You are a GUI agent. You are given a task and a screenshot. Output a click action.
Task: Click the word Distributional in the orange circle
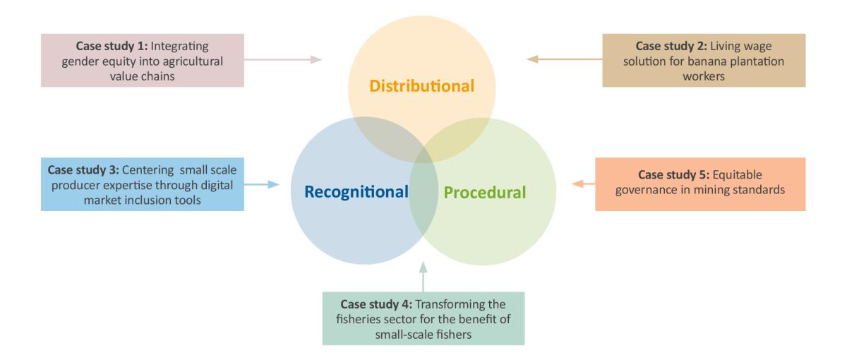[423, 87]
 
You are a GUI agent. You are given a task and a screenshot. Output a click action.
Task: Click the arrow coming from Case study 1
[283, 60]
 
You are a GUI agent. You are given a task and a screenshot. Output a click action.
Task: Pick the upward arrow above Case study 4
[423, 276]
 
